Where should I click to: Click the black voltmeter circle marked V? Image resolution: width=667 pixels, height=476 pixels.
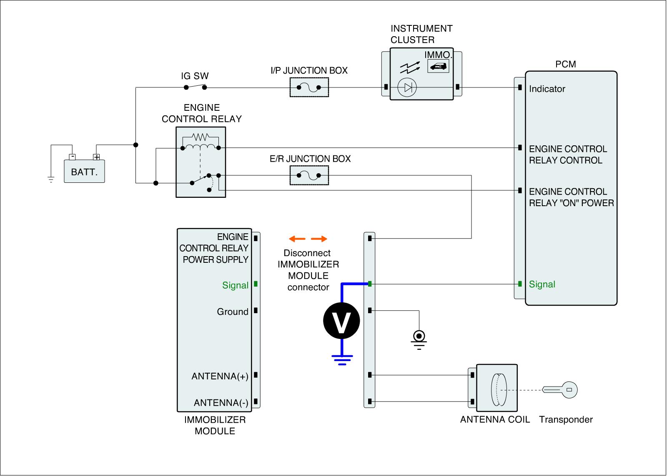pos(341,320)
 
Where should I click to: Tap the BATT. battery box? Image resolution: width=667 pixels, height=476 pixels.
pos(84,171)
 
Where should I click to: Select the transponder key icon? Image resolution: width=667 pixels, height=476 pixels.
pos(560,390)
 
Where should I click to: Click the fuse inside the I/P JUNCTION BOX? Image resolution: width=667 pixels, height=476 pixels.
pos(309,87)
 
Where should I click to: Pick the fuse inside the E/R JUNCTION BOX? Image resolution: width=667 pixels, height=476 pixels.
pos(309,175)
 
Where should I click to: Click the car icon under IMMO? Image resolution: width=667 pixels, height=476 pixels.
pos(438,66)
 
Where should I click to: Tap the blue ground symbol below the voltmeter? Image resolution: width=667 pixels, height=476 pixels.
pos(342,360)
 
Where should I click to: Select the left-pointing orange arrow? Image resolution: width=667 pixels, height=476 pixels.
pos(297,239)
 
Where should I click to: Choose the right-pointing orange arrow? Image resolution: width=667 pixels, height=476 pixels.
pos(319,239)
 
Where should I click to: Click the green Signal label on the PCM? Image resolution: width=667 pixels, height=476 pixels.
pos(542,284)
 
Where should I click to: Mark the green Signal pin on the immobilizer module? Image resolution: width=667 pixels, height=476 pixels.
pos(256,284)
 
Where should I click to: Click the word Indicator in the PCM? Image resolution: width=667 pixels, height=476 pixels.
pos(547,89)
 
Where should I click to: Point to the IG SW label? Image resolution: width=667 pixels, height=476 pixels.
pos(195,76)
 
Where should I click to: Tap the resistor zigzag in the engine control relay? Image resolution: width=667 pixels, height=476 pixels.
pos(201,137)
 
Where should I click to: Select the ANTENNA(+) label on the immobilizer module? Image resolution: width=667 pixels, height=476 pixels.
pos(220,376)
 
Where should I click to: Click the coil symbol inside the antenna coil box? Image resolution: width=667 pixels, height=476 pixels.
pos(499,389)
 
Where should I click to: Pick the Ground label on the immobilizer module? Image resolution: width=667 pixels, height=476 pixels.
pos(233,312)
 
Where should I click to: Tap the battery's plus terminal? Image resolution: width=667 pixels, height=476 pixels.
pos(96,157)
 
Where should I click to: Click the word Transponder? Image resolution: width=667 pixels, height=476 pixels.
pos(566,419)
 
